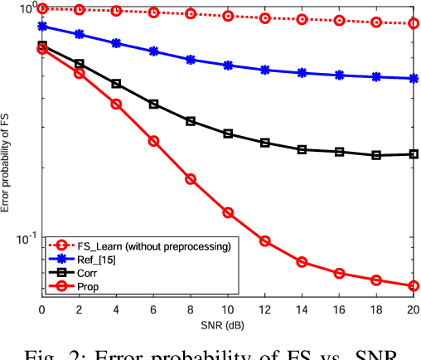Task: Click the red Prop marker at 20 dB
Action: coord(414,286)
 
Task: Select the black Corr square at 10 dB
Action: coord(228,134)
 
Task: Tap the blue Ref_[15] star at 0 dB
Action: coord(42,26)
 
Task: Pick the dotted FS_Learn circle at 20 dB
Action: coord(414,23)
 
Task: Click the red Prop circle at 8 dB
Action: coord(191,179)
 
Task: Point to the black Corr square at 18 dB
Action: coord(376,155)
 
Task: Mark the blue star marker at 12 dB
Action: coord(265,70)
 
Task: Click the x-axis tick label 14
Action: coord(302,309)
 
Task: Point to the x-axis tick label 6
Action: coord(153,309)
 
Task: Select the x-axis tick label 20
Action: coord(413,309)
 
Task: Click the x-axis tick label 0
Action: coord(42,309)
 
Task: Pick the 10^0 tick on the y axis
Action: coord(25,9)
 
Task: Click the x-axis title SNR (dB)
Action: coord(228,323)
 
